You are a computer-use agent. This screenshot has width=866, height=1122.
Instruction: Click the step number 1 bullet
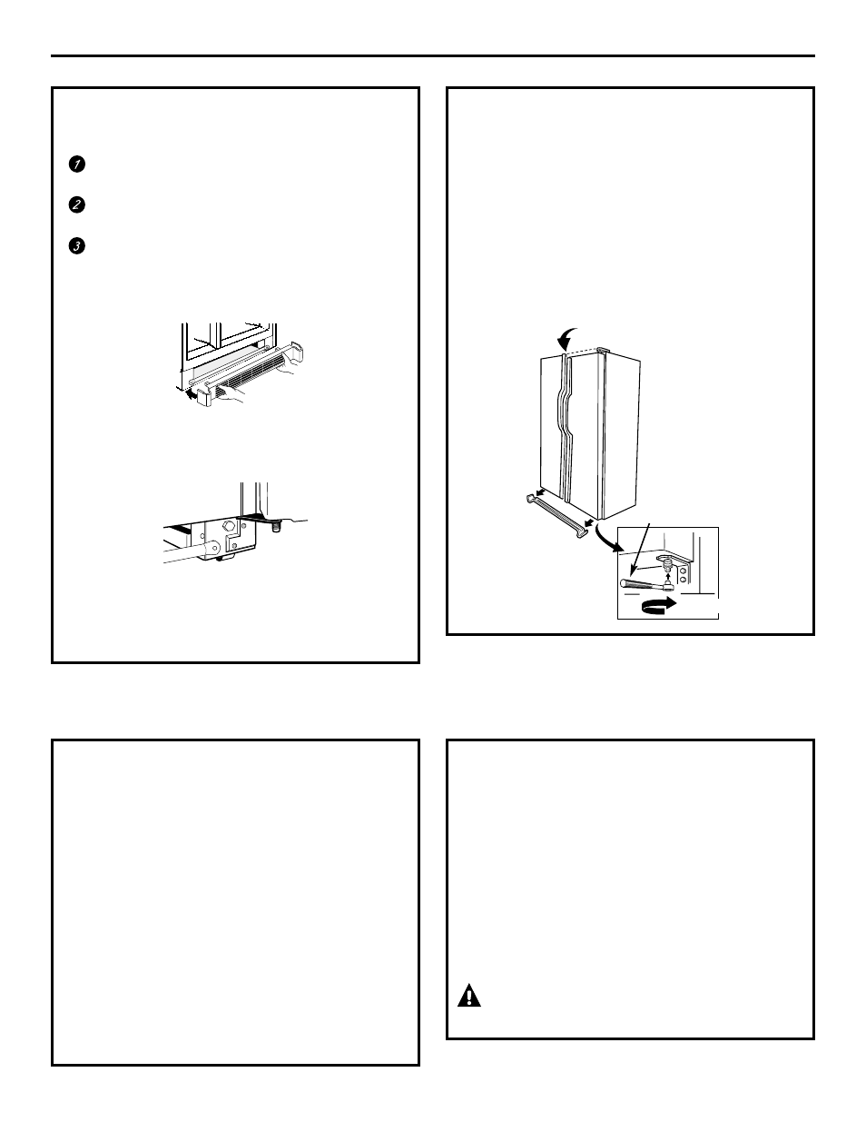(x=76, y=164)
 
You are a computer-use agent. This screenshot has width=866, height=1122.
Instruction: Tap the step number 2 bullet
(x=76, y=205)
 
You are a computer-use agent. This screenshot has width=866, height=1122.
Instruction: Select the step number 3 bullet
(x=76, y=247)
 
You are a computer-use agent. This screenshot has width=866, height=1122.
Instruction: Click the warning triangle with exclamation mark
(x=468, y=996)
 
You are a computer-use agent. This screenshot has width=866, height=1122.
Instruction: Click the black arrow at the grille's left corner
(x=190, y=394)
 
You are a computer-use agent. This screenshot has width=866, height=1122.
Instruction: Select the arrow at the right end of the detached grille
(x=590, y=523)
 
